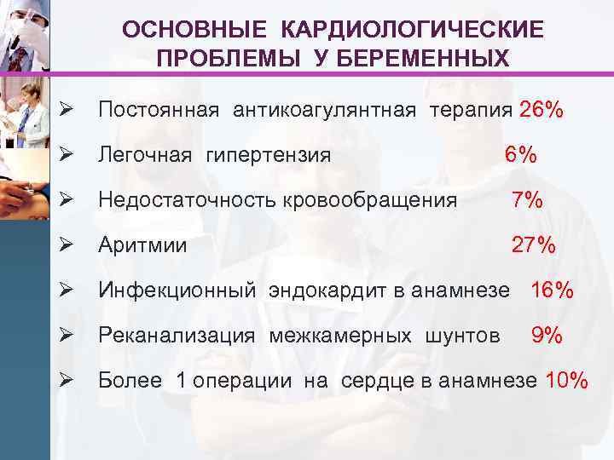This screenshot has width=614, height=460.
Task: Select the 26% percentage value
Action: (x=541, y=111)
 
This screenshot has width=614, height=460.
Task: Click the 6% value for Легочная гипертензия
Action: (x=520, y=156)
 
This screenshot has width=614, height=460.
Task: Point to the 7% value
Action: (x=527, y=200)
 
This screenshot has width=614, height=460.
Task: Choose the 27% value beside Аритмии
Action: (x=533, y=246)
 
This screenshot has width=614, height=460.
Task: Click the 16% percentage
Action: (x=553, y=290)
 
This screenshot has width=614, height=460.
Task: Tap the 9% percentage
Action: (x=547, y=336)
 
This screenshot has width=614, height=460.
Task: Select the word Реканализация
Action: (x=176, y=336)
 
